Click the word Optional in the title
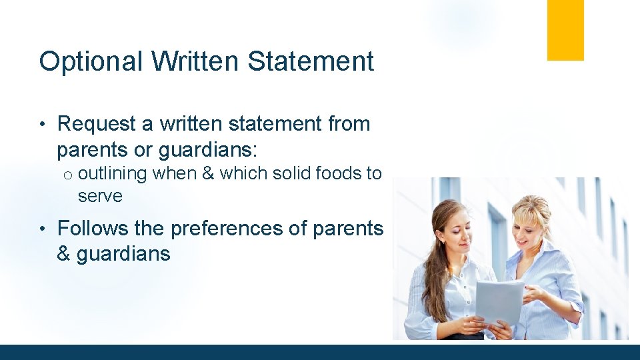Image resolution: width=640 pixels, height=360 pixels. [x=91, y=61]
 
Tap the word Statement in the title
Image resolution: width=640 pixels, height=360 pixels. [x=311, y=61]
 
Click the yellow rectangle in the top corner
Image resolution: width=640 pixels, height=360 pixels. [x=565, y=30]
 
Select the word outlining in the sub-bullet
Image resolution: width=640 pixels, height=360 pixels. [x=112, y=174]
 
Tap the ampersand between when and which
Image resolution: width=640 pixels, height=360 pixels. [x=207, y=174]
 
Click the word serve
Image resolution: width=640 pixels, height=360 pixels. [x=100, y=197]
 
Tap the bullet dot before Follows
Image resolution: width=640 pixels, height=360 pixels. [x=42, y=229]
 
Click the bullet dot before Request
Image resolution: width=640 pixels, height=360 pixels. [x=42, y=125]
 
